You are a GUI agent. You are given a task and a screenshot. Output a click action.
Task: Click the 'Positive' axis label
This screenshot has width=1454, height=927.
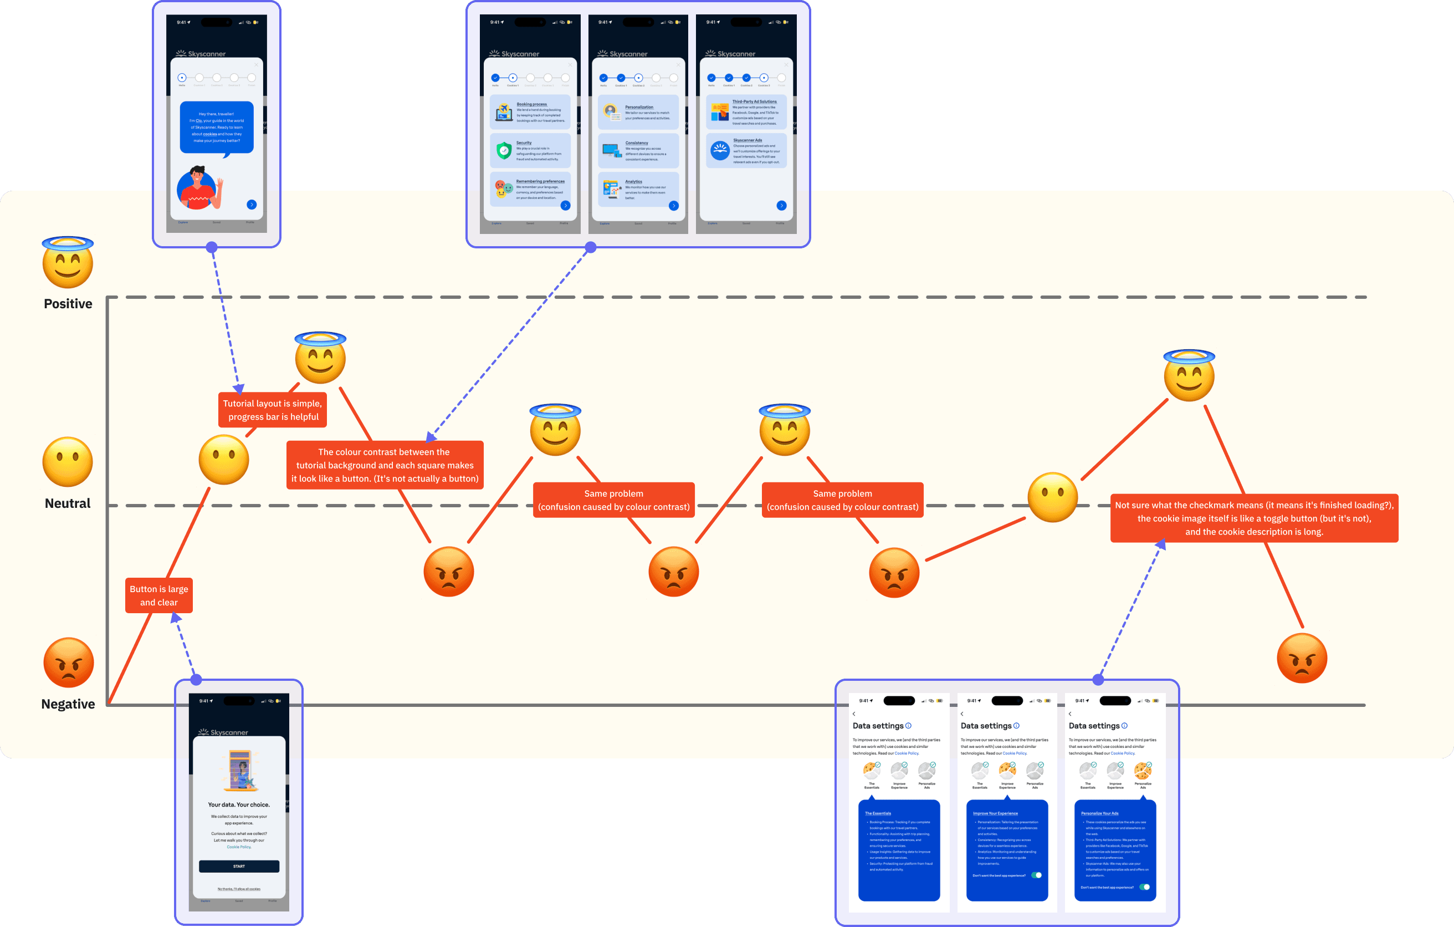(68, 304)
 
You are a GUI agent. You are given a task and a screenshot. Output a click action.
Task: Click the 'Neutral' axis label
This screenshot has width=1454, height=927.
(68, 503)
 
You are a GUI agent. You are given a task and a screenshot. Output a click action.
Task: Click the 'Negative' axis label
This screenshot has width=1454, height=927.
(68, 704)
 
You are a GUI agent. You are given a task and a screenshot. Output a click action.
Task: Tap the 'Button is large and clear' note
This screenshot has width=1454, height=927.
(159, 596)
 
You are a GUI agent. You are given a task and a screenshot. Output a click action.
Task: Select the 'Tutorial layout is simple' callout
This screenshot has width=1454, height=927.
(272, 410)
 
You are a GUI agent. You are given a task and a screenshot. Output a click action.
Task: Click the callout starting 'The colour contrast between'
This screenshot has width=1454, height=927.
(385, 465)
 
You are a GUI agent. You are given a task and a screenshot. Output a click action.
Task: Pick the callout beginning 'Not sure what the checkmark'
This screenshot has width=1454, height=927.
(1253, 518)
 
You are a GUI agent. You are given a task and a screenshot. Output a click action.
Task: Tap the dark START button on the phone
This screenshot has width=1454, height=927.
(239, 866)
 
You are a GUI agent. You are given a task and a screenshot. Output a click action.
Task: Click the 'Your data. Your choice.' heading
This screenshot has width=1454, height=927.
(239, 805)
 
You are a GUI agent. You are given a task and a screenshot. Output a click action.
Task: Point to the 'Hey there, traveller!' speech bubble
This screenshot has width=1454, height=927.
(217, 128)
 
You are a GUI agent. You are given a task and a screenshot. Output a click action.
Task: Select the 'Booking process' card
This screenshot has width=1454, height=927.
(530, 113)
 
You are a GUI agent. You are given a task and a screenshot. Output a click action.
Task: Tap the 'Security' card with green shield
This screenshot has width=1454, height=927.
(530, 151)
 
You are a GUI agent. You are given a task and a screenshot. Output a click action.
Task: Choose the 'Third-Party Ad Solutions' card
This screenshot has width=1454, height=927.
(746, 113)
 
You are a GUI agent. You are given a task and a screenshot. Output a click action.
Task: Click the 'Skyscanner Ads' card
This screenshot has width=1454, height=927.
(746, 151)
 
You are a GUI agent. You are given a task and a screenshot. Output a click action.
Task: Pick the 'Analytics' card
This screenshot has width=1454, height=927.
(638, 190)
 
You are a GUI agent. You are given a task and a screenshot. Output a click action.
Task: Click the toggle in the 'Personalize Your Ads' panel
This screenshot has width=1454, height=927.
(1144, 887)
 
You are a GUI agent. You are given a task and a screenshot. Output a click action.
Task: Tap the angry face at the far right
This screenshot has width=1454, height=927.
(1302, 659)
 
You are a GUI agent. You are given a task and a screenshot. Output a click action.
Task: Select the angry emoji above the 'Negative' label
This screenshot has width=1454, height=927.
(68, 663)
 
